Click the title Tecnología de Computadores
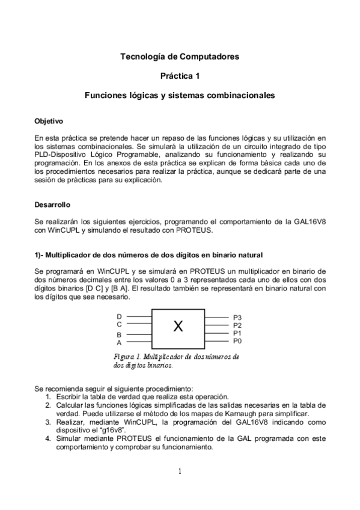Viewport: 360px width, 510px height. (180, 57)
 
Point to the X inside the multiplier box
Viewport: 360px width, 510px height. (178, 327)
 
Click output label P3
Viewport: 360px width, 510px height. (237, 318)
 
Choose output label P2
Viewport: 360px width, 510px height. (237, 325)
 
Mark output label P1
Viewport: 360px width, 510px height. (237, 333)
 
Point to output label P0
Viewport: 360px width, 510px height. (237, 341)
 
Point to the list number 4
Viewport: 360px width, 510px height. (48, 439)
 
